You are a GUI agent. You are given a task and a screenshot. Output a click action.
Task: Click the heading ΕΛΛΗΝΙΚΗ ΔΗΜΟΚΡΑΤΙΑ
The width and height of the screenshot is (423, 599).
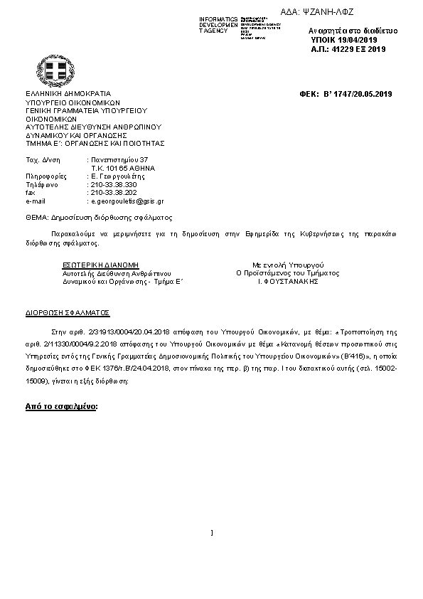68,93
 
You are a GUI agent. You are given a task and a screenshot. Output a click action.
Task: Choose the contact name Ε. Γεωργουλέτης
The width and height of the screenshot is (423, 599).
118,176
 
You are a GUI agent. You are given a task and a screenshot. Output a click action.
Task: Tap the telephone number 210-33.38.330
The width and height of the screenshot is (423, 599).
114,184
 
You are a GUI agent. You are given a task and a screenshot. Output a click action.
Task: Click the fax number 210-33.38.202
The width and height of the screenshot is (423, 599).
114,192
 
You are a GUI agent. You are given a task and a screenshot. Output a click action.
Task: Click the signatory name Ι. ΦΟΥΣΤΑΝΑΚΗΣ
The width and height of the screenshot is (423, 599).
287,281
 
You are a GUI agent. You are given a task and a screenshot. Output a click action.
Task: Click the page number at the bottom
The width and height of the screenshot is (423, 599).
212,532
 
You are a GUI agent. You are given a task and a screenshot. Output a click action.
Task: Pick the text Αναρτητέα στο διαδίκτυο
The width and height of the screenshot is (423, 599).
353,31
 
